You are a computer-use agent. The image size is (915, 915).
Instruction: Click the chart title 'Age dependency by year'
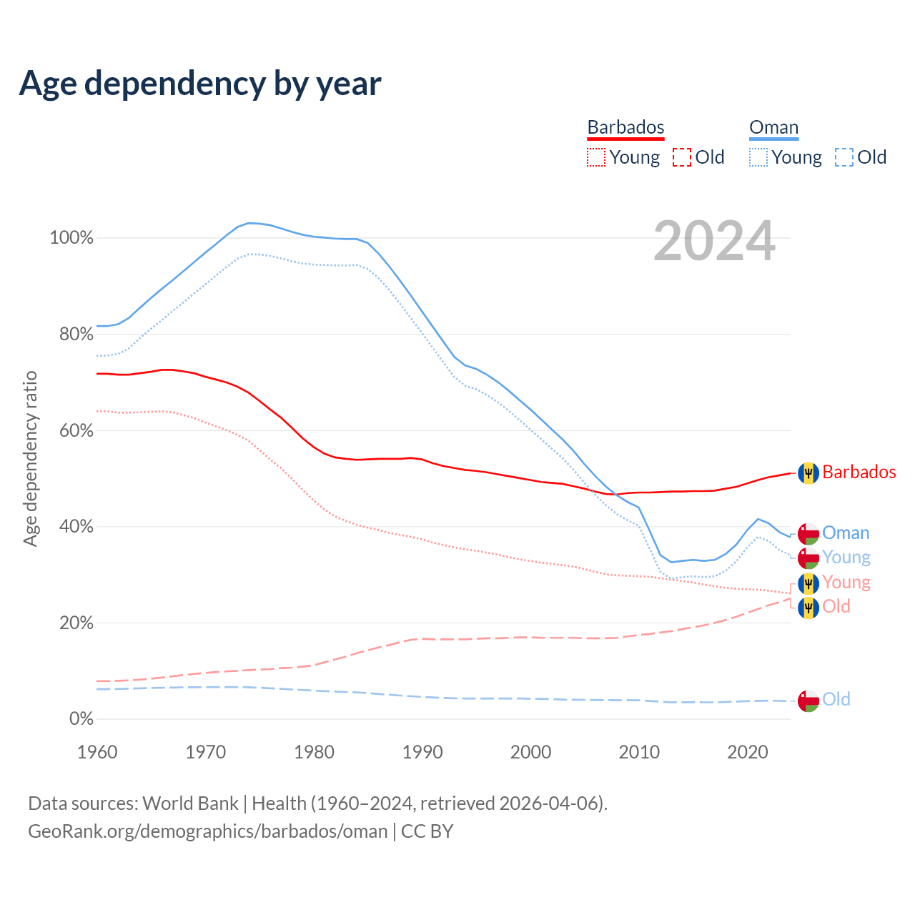point(200,84)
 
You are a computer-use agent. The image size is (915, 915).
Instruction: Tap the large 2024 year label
point(714,242)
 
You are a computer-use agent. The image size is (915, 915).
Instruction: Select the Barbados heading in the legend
point(625,127)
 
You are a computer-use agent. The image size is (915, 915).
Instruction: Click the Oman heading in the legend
point(773,128)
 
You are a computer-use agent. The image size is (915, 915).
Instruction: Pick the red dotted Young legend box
point(595,157)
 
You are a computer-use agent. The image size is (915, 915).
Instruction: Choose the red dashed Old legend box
point(682,157)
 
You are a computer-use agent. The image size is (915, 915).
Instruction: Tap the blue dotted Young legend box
point(758,157)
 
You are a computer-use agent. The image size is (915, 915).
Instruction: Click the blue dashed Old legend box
point(844,157)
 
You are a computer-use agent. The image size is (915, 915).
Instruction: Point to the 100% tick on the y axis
point(71,238)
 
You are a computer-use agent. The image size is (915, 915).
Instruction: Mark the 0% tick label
point(81,719)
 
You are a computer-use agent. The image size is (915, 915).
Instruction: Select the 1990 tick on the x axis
point(422,752)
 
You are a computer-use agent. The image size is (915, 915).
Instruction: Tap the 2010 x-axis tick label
point(639,752)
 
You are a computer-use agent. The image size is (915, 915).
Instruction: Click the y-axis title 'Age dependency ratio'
point(30,458)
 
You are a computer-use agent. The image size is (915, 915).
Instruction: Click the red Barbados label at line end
point(859,472)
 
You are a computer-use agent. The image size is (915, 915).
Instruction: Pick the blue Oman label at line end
point(846,533)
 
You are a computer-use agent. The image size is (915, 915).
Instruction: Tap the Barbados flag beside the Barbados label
point(808,473)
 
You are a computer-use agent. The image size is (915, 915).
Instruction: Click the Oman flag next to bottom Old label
point(808,701)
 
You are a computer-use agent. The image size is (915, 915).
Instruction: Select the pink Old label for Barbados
point(836,606)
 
